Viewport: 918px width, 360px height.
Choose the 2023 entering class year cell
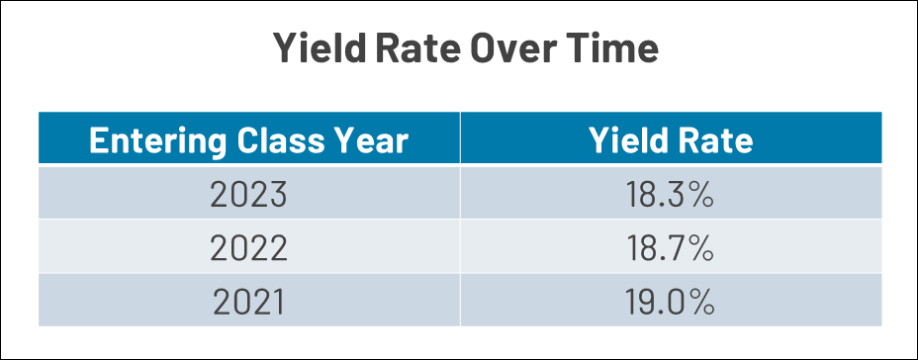[249, 195]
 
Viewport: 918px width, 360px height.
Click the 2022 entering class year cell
[249, 249]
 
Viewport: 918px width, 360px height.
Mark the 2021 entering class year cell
[249, 303]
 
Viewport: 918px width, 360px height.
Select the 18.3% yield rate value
[670, 195]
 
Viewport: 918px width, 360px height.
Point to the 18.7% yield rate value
[670, 249]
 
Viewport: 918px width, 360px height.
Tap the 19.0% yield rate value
[670, 303]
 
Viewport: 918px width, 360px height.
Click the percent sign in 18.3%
[699, 195]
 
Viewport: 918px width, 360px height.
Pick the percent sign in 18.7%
[699, 249]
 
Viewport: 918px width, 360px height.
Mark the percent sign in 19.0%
[700, 303]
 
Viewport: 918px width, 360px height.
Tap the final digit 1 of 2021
[279, 303]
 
